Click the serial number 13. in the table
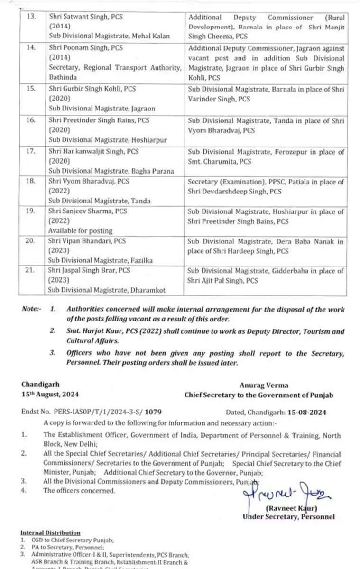click(x=30, y=17)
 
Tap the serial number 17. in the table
click(x=30, y=152)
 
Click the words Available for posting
click(x=81, y=230)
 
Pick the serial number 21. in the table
click(x=30, y=271)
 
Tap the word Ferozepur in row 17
click(x=293, y=152)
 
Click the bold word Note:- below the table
click(x=31, y=309)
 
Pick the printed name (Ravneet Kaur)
click(x=291, y=508)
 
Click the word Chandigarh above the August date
click(x=41, y=385)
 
